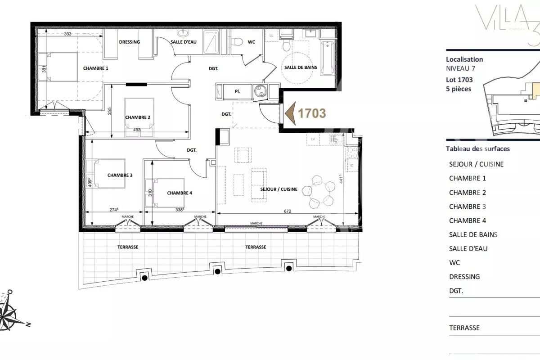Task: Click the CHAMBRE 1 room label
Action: tap(95, 68)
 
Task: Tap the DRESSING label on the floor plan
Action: tap(129, 42)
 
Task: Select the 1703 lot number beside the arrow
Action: tap(312, 113)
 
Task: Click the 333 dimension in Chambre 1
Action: tap(68, 34)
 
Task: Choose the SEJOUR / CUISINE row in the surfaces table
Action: tap(476, 164)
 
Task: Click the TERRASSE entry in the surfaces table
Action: tap(464, 328)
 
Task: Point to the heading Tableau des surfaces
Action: tap(477, 149)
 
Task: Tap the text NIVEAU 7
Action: tap(460, 69)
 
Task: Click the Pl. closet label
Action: tap(237, 91)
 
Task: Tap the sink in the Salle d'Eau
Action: tap(184, 34)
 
